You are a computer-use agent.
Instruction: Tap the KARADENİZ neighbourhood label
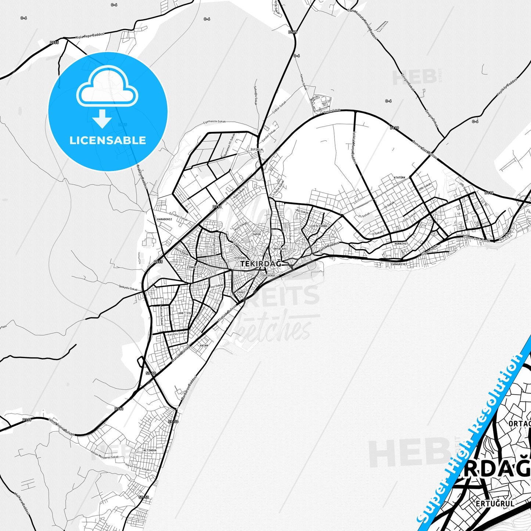164,219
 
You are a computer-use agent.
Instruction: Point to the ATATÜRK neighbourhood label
399,177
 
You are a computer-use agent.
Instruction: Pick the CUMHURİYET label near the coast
399,264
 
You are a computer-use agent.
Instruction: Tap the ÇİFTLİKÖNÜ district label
318,226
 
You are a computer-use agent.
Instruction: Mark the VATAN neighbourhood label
204,345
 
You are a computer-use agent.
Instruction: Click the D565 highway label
293,32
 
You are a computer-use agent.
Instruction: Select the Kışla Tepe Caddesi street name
90,36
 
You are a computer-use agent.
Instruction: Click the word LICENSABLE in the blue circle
108,140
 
